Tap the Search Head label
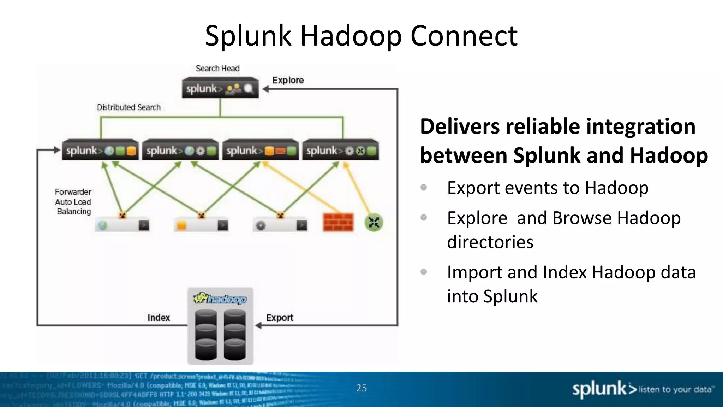pos(217,69)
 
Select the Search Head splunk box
pos(220,88)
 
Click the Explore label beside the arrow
pos(288,80)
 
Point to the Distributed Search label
pos(129,107)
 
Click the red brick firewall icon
pos(338,222)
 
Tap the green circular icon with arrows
pos(374,223)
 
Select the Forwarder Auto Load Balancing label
pos(73,202)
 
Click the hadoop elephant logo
pos(220,299)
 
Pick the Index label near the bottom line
pos(159,318)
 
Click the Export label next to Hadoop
pos(279,318)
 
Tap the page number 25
pos(361,388)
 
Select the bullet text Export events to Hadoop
pos(547,188)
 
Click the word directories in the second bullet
pos(490,242)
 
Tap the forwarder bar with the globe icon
pos(122,225)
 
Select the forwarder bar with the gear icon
pos(280,225)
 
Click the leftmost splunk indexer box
pos(100,151)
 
